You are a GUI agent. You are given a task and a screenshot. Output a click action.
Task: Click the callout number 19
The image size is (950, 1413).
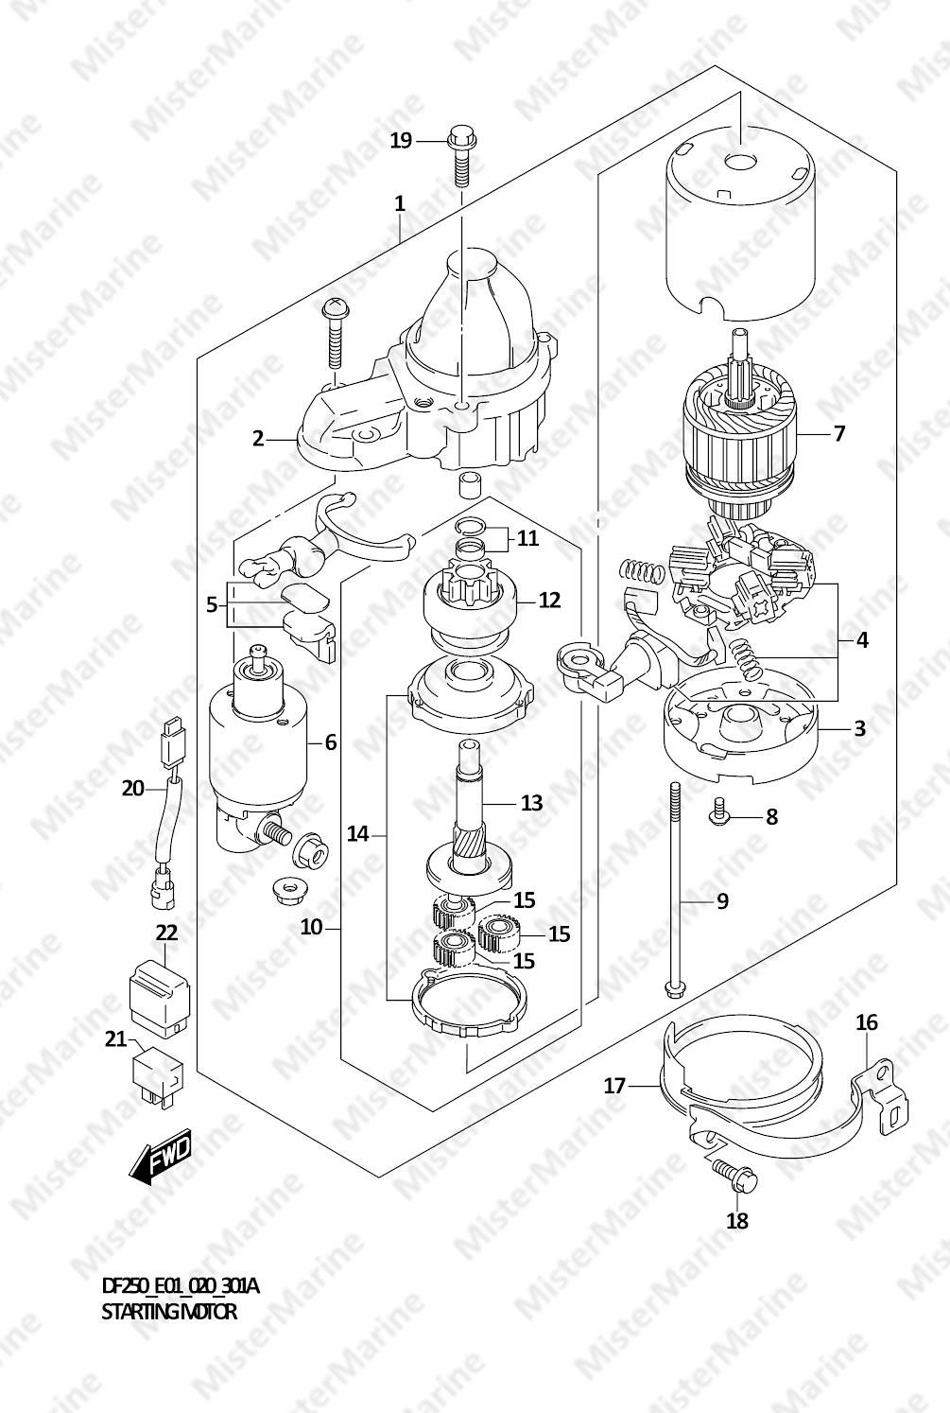tap(401, 141)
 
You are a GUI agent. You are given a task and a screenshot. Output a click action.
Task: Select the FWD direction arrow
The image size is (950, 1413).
tap(162, 1156)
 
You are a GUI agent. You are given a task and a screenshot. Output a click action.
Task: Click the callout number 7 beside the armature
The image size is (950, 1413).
tap(838, 434)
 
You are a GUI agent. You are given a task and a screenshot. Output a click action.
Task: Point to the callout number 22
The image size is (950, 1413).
tap(166, 933)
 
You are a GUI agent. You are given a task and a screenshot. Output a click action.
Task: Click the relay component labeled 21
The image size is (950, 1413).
tap(154, 1077)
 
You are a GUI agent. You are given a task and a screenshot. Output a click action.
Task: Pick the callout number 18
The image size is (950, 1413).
tap(737, 1221)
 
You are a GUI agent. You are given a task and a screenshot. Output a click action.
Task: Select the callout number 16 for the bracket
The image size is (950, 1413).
tap(867, 1022)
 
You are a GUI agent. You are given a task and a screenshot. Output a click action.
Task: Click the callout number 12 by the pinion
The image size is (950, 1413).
tap(549, 600)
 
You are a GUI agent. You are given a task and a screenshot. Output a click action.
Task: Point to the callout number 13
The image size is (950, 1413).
tap(531, 803)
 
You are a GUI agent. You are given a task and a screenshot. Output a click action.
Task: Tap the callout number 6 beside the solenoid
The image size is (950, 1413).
tap(330, 742)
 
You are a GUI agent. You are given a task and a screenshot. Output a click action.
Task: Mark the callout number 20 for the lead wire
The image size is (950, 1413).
tap(133, 787)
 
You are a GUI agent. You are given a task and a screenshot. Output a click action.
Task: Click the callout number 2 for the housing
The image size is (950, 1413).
tap(257, 438)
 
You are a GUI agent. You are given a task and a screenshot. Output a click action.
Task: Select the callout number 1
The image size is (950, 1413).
tap(400, 203)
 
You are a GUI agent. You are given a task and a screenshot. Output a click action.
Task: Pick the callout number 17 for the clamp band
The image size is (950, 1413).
tap(614, 1086)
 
